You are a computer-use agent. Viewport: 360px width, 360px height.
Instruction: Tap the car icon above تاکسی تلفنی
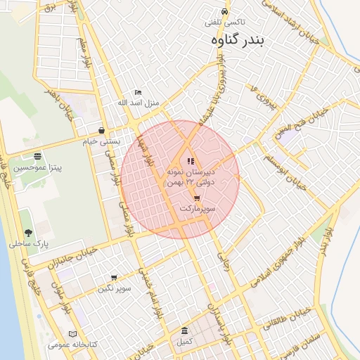224,12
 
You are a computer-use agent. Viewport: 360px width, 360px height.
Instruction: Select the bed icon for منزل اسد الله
138,93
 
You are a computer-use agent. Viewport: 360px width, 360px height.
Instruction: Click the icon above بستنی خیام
103,130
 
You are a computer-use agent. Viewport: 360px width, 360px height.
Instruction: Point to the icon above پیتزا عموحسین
37,156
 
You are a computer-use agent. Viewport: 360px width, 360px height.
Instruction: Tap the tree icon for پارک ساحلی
28,233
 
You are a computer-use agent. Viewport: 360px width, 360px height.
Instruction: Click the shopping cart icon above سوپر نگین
114,278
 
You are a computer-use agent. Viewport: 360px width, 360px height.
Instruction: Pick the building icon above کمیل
184,331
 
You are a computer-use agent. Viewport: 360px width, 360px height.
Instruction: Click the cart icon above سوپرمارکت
197,198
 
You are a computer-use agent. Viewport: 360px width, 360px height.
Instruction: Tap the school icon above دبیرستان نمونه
191,161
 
